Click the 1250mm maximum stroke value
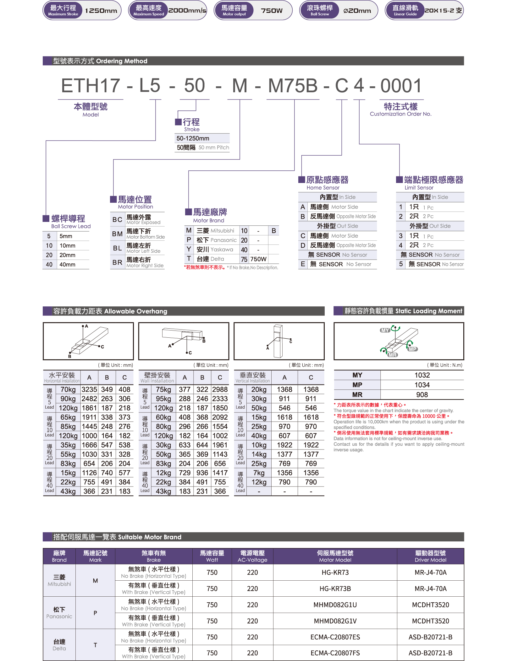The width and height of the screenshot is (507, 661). [101, 11]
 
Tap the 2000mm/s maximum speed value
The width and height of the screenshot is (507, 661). [187, 10]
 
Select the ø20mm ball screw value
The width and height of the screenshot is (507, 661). [357, 11]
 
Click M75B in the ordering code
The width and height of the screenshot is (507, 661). [293, 85]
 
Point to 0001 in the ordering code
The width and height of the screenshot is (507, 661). [401, 85]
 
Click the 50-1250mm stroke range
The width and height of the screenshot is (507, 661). [193, 138]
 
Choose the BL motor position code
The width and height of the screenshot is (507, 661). [117, 248]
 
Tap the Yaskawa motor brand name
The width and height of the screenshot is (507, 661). [222, 250]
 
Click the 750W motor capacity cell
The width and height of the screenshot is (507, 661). [258, 259]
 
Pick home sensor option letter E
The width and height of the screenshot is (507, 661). [303, 264]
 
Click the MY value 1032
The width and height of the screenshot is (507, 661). [422, 375]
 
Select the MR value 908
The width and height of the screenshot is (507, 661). [422, 395]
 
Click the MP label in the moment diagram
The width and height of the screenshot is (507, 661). [412, 349]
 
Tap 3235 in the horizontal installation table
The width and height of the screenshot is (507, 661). [89, 390]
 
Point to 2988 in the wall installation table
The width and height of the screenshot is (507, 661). [220, 390]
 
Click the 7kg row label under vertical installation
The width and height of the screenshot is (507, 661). [259, 473]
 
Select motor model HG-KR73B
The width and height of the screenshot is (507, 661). [335, 589]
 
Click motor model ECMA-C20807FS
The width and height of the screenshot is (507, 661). [335, 653]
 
